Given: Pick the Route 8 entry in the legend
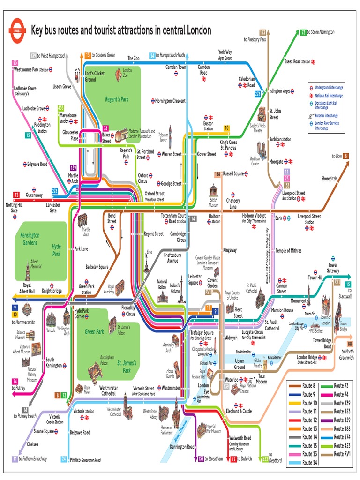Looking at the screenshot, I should point(309,385).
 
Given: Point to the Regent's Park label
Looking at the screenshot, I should point(117,99).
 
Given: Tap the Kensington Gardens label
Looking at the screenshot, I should point(30,239).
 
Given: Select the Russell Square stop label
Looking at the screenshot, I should point(233,173).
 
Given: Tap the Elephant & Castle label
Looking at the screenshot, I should point(239,411).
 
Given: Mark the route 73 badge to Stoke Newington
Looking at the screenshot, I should point(303,32).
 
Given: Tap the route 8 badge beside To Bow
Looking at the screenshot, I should point(345,156).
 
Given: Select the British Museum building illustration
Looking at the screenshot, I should point(213,192).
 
